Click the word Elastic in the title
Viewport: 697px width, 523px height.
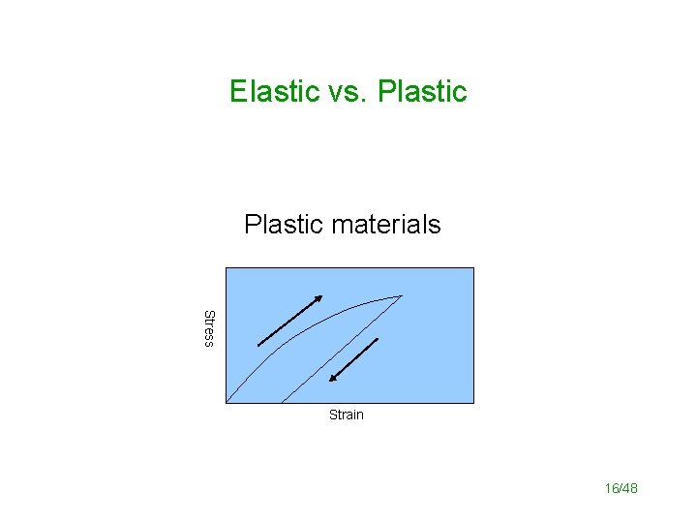pyautogui.click(x=274, y=91)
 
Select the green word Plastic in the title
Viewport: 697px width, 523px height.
pyautogui.click(x=422, y=91)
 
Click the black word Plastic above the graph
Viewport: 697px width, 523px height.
pyautogui.click(x=283, y=225)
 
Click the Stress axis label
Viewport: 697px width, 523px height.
pyautogui.click(x=208, y=328)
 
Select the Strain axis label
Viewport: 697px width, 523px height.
pyautogui.click(x=346, y=415)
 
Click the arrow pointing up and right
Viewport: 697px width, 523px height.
pyautogui.click(x=289, y=319)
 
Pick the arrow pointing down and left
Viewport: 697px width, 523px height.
pyautogui.click(x=351, y=360)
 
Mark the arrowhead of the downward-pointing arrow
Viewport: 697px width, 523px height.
pyautogui.click(x=330, y=381)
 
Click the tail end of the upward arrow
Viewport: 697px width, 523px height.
pyautogui.click(x=259, y=344)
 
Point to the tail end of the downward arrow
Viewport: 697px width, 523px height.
pyautogui.click(x=377, y=339)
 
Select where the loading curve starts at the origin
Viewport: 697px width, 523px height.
pyautogui.click(x=227, y=401)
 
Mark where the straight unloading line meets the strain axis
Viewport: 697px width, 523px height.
pyautogui.click(x=281, y=401)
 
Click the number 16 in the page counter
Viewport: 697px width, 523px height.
pyautogui.click(x=611, y=489)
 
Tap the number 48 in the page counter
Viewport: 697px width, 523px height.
pyautogui.click(x=629, y=489)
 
